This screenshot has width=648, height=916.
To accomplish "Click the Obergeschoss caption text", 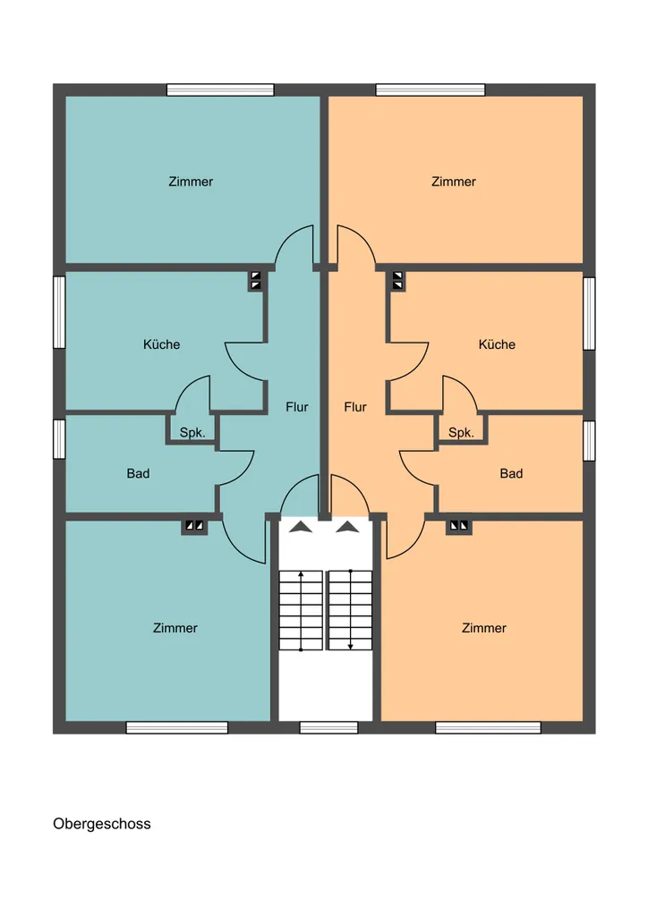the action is [x=102, y=824].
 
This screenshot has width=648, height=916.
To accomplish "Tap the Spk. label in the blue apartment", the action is [x=192, y=433].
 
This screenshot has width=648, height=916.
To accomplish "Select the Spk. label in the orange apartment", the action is [x=461, y=433].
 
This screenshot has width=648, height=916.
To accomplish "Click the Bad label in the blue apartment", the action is [x=138, y=473].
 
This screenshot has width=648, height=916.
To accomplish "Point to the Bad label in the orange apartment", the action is [x=511, y=473].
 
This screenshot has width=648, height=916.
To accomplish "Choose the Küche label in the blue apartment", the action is [x=161, y=344].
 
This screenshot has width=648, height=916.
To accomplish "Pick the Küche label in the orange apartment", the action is [x=497, y=344].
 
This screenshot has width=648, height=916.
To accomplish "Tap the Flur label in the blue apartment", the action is [x=297, y=407].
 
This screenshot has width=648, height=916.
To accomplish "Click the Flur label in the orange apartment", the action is [x=355, y=407].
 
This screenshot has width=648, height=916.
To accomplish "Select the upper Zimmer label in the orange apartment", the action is [x=454, y=182].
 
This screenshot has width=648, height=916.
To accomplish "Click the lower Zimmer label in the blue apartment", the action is [x=175, y=628].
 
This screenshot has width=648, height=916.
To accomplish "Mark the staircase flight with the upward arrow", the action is [x=301, y=610].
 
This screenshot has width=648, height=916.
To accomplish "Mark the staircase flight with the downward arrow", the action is [x=350, y=610].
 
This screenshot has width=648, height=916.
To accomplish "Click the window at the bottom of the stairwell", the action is [x=328, y=728].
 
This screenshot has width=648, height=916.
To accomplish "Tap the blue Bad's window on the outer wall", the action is [x=59, y=439].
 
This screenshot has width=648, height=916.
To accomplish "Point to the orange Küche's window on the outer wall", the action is [x=590, y=314].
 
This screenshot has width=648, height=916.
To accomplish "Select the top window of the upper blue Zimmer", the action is [x=220, y=90].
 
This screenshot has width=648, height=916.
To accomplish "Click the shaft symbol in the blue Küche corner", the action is [x=256, y=280].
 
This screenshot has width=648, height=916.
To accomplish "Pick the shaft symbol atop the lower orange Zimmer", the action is [x=458, y=526].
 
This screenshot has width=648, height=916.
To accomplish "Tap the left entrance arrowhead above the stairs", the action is [x=301, y=527].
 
